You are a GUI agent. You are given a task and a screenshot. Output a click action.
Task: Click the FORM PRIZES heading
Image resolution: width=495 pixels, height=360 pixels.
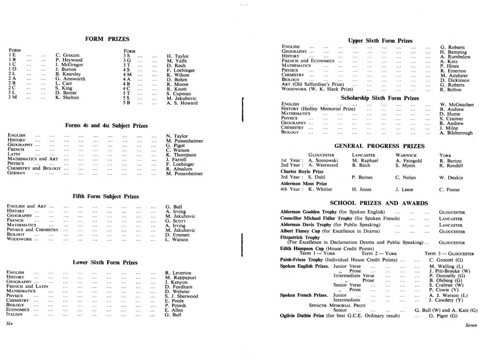point(107,39)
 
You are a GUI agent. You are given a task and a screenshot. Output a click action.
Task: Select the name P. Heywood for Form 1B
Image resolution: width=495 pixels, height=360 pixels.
point(69,60)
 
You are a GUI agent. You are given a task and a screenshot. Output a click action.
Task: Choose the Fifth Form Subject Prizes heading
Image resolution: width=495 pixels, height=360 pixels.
point(105,196)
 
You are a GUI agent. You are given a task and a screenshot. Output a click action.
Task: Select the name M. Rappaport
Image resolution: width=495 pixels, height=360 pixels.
point(180,278)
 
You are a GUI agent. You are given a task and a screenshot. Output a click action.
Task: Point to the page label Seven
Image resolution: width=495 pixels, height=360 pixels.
point(471,326)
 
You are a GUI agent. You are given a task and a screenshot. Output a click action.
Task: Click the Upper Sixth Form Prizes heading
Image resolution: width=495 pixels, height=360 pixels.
point(380,41)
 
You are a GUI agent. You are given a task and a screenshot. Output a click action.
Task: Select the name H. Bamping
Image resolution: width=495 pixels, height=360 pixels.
point(453,52)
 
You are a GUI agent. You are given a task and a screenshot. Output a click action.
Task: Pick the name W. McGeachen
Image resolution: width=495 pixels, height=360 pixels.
point(457,105)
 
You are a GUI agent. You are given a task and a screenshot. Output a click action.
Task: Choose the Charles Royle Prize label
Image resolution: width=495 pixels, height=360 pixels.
point(302,171)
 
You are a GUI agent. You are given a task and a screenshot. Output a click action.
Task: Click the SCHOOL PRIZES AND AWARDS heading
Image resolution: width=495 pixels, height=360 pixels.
point(379,203)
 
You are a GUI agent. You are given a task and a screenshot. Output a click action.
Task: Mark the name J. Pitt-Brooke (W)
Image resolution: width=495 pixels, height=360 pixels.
point(449,271)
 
